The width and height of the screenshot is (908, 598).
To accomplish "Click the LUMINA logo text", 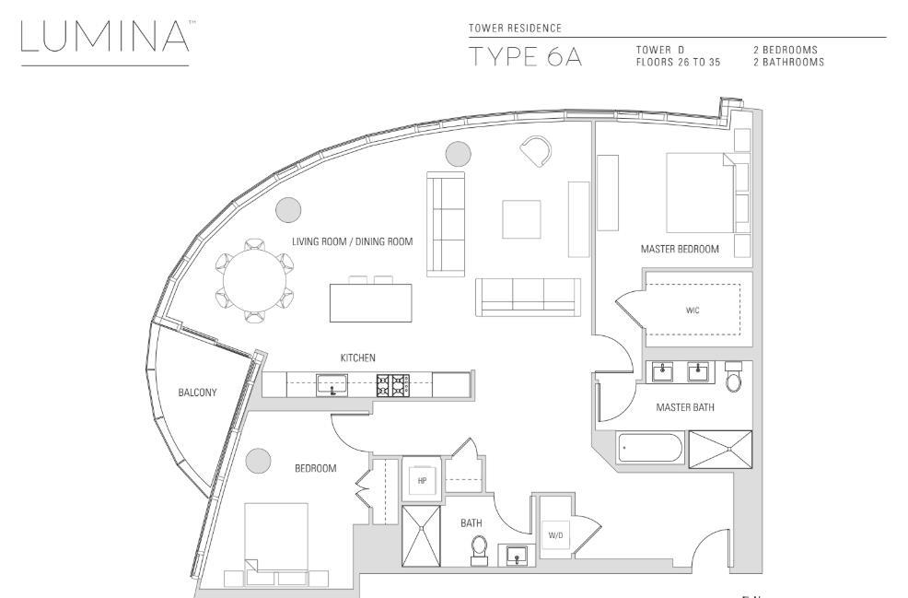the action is (x=105, y=37).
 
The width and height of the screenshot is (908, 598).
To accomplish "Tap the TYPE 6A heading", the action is (x=525, y=57).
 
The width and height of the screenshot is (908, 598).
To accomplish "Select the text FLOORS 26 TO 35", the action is (x=678, y=62).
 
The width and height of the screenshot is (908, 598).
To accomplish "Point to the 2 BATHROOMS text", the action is (x=788, y=62).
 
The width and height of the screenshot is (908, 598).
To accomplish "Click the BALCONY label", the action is (x=197, y=393).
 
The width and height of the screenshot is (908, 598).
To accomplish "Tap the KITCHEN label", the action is (x=358, y=358).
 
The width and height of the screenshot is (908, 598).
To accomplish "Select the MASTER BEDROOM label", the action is (x=680, y=249).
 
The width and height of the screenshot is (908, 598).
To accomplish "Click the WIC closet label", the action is (x=693, y=310).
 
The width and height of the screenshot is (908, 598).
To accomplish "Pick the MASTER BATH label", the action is (x=685, y=407).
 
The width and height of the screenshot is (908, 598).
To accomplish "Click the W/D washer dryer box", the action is (x=555, y=536).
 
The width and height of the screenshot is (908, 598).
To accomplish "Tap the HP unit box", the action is (x=422, y=480).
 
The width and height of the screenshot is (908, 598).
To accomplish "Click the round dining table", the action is (x=255, y=281).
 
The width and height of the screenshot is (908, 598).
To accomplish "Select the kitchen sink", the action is (x=332, y=385).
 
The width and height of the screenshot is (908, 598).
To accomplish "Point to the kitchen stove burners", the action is (x=392, y=385).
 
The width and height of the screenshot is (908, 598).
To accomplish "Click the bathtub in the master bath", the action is (x=651, y=448).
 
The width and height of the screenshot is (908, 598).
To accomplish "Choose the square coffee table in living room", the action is (x=522, y=219).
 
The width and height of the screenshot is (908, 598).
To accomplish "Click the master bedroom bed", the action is (x=701, y=193).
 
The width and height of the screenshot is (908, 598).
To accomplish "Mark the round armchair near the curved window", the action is (x=536, y=151).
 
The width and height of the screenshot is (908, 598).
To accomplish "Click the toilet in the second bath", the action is (x=479, y=550).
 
